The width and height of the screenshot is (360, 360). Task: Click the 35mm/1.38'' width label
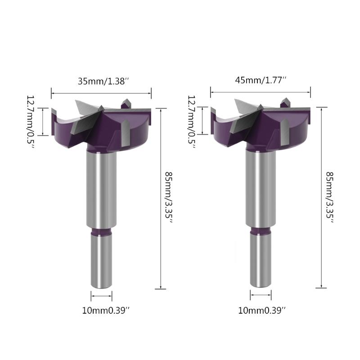tap(103, 81)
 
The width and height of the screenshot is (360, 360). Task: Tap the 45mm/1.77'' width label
tap(261, 81)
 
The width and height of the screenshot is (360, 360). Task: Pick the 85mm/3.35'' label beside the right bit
tap(330, 198)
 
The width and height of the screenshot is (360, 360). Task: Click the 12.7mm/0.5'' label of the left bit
tap(31, 122)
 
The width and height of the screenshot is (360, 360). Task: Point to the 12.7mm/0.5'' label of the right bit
tap(192, 122)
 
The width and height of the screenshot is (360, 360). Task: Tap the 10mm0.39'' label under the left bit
tap(106, 310)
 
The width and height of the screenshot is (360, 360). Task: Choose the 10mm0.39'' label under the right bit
tap(261, 310)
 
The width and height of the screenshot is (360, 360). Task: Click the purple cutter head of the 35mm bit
tap(101, 129)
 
